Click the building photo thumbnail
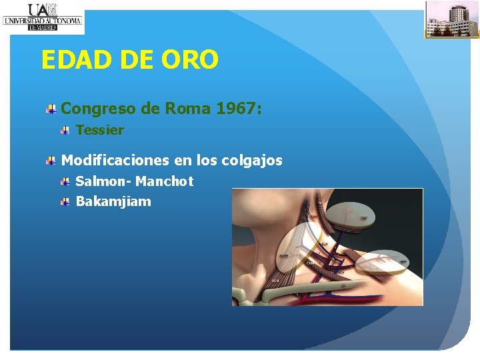(x=452, y=19)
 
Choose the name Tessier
(x=100, y=131)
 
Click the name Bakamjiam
(x=113, y=201)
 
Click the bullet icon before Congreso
(x=51, y=109)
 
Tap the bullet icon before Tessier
(x=65, y=131)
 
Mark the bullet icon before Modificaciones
(x=51, y=161)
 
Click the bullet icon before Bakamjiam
(x=65, y=201)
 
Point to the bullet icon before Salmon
(x=65, y=181)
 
